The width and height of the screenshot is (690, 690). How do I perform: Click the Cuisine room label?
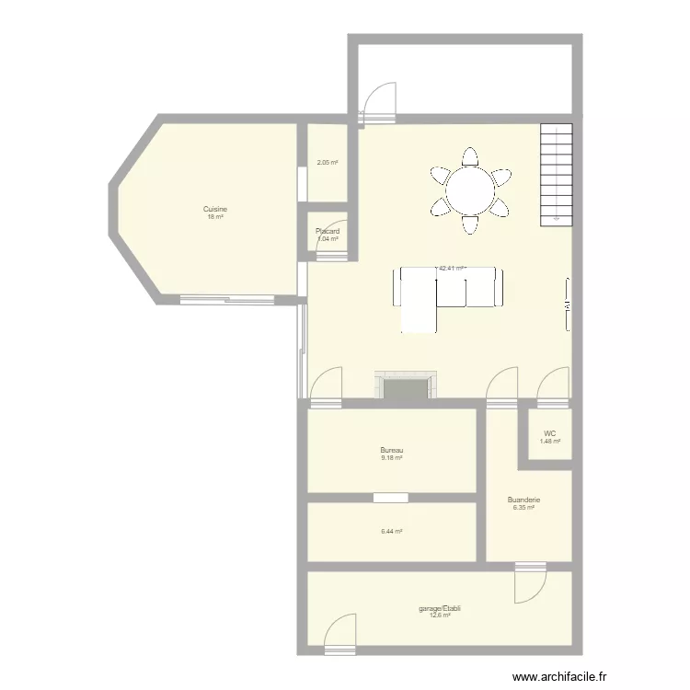pyautogui.click(x=215, y=209)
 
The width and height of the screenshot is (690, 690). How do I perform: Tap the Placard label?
pyautogui.click(x=328, y=231)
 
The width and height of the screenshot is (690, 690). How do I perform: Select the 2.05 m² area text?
pyautogui.click(x=328, y=163)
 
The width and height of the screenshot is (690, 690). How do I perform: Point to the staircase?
pyautogui.click(x=556, y=174)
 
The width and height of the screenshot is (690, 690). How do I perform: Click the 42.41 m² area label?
pyautogui.click(x=452, y=269)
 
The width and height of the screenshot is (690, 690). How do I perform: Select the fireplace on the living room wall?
pyautogui.click(x=405, y=386)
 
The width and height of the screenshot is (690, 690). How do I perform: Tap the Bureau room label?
pyautogui.click(x=392, y=451)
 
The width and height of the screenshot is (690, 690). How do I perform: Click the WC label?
pyautogui.click(x=550, y=433)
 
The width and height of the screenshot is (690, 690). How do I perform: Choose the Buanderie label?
pyautogui.click(x=523, y=500)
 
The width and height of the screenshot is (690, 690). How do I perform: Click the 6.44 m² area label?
pyautogui.click(x=392, y=531)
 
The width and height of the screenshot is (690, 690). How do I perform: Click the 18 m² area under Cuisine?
pyautogui.click(x=215, y=217)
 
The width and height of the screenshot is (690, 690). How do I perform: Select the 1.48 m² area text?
pyautogui.click(x=550, y=442)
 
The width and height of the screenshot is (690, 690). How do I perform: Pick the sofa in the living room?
pyautogui.click(x=449, y=288)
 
